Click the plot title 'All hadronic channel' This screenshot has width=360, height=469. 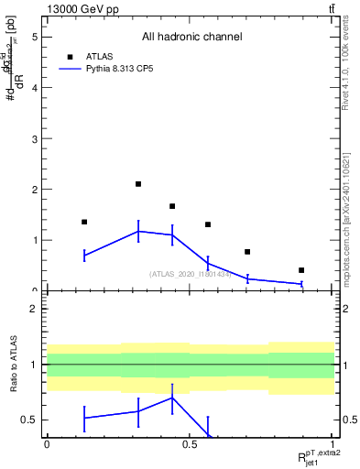[x=191, y=38]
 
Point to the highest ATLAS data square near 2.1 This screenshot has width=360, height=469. [x=138, y=184]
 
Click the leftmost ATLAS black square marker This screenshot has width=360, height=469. [x=84, y=222]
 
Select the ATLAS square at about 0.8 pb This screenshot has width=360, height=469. [x=247, y=252]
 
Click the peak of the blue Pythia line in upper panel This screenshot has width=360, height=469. [x=138, y=231]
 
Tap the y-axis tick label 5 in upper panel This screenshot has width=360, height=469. [x=34, y=38]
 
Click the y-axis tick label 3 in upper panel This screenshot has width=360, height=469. [x=34, y=139]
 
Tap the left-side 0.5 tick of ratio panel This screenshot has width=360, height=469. [x=31, y=420]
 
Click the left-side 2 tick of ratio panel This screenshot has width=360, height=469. [x=34, y=309]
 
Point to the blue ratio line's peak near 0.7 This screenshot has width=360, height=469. [x=172, y=397]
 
